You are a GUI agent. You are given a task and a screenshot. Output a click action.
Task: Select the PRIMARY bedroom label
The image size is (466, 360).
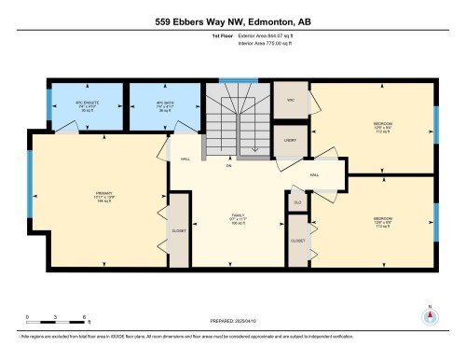[x=90, y=196]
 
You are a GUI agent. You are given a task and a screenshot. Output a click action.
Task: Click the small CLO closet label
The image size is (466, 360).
[x=297, y=202]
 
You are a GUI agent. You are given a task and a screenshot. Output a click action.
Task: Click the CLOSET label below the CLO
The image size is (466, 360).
[x=297, y=240]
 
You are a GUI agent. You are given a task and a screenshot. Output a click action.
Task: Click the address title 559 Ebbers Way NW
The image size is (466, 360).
[x=232, y=21]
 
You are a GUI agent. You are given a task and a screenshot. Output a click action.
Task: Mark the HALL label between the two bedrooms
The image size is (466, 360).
[x=315, y=174]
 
